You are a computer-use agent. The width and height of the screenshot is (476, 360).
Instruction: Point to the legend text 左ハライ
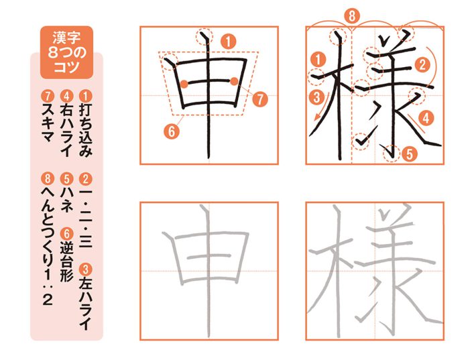84,294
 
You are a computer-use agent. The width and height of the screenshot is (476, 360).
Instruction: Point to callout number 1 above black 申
228,42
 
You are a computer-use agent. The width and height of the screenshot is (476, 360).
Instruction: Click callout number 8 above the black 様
354,15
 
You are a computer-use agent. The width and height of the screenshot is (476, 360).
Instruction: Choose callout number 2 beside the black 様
422,64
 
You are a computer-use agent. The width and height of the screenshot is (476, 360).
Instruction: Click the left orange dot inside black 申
183,84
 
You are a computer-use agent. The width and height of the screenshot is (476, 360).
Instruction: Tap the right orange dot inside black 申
233,82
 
